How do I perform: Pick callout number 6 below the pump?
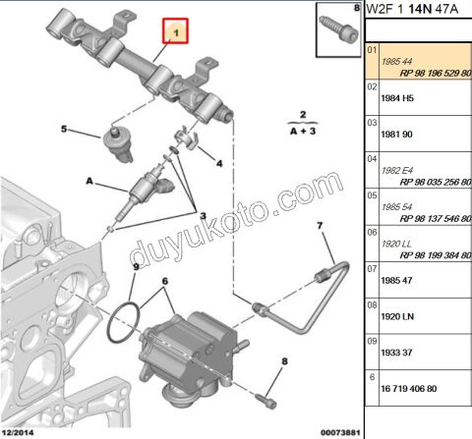pos(164,282)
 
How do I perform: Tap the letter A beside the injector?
pos(90,181)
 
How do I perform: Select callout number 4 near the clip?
pos(218,163)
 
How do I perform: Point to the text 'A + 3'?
pos(304,129)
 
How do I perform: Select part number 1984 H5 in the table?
pos(399,98)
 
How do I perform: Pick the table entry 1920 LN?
pos(399,317)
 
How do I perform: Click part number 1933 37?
pos(399,354)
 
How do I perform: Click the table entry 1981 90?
pos(399,135)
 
